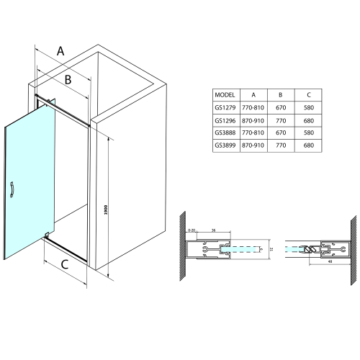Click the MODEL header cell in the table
(225, 94)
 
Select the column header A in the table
(253, 94)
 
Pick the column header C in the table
(308, 94)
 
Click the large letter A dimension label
(61, 50)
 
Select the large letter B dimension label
(67, 80)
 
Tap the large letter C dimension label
(64, 265)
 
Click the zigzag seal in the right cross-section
(310, 249)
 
